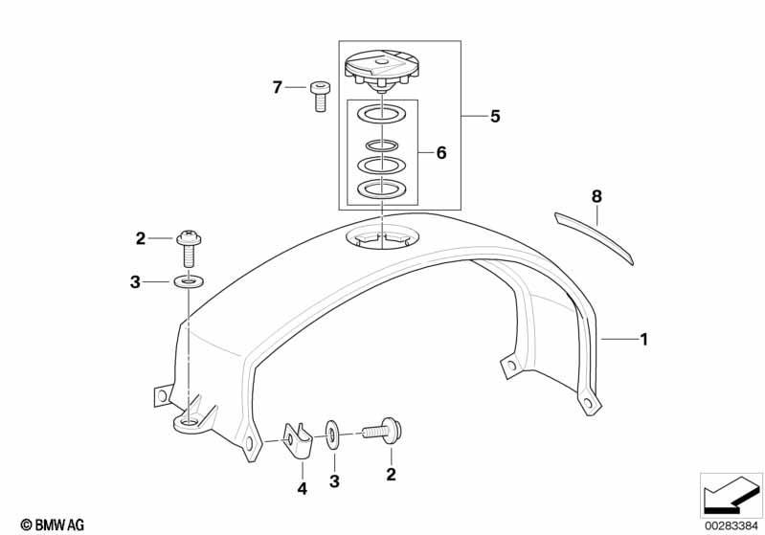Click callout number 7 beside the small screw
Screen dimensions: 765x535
(277, 88)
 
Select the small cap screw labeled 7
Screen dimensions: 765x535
(320, 97)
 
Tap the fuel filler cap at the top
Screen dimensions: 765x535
(381, 72)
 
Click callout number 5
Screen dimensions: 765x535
(495, 117)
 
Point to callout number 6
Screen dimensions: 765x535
(441, 153)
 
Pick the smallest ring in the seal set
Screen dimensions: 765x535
(381, 145)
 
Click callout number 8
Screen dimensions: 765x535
(596, 196)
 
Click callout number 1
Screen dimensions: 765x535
(644, 340)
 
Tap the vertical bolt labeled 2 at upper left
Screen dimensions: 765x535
(189, 248)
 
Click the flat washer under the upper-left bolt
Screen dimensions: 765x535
(188, 282)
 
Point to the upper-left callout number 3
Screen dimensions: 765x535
(135, 282)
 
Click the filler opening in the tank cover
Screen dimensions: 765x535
(382, 238)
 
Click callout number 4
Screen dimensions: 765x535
(302, 488)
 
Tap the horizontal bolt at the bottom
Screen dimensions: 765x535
(382, 431)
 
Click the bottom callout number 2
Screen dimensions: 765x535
(391, 474)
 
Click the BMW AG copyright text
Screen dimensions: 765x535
(53, 524)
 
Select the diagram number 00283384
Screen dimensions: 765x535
(731, 525)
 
